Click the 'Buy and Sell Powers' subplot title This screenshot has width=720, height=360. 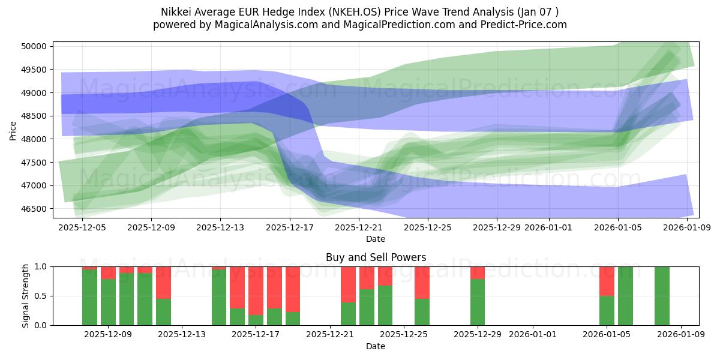click(376, 257)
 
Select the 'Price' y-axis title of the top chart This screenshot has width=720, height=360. click(13, 130)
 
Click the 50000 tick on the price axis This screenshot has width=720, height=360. click(34, 47)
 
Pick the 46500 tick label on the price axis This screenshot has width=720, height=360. click(34, 209)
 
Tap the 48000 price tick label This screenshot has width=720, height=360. click(34, 139)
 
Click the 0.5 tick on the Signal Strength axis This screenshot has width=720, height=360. click(41, 296)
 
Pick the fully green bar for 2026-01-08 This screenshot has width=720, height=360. click(662, 296)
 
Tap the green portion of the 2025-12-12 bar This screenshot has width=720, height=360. click(163, 311)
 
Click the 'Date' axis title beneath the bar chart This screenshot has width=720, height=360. click(376, 346)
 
